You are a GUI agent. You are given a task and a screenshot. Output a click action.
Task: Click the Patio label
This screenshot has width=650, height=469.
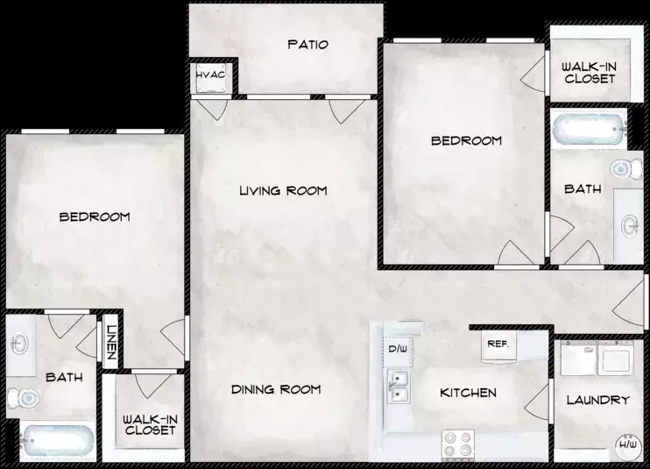click(308, 45)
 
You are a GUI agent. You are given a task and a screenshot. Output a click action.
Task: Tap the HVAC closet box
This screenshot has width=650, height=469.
click(211, 77)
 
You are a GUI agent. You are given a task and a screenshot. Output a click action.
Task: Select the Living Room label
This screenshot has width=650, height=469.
click(283, 191)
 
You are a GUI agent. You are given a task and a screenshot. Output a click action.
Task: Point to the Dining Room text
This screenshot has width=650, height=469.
click(276, 389)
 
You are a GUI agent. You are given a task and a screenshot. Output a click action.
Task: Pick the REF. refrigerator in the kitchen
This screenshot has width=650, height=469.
click(498, 346)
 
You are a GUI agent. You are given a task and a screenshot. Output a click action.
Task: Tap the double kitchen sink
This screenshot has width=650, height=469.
click(399, 387)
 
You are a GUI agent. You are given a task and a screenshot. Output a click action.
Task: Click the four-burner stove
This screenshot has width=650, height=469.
click(458, 444)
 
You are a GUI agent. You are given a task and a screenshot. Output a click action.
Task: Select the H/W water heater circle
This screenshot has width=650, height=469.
click(627, 446)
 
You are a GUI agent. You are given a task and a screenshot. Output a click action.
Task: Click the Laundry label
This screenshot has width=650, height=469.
click(598, 400)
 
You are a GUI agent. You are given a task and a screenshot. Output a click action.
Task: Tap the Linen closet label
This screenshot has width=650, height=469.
click(110, 342)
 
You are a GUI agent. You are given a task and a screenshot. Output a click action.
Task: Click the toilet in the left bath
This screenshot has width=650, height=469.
click(24, 399)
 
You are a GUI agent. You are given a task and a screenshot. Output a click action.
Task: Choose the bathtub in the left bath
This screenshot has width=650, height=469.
click(58, 441)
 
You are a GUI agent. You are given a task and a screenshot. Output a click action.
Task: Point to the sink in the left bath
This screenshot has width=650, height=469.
click(19, 344)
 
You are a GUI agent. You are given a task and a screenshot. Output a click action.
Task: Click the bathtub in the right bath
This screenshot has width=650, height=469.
click(589, 129)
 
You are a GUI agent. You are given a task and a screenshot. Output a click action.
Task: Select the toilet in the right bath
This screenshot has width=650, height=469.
click(626, 169)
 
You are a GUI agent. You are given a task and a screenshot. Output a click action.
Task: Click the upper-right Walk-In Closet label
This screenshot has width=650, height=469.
click(589, 73)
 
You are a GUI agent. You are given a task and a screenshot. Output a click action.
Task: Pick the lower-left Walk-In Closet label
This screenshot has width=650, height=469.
click(150, 425)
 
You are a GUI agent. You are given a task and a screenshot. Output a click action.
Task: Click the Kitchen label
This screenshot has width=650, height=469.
click(468, 393)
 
